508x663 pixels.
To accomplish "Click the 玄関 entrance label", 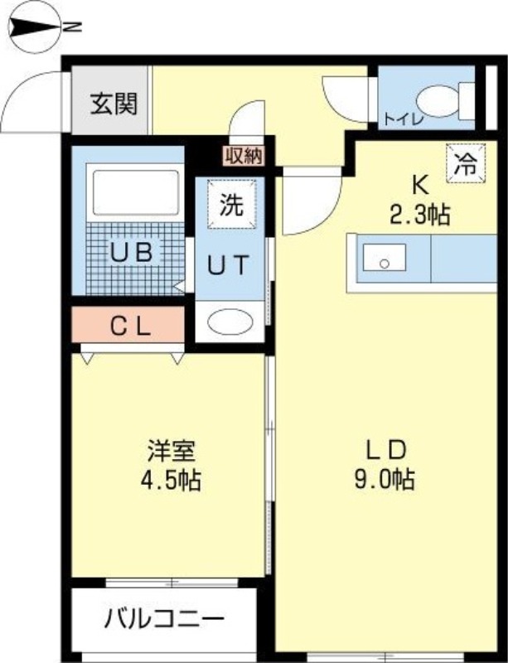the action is pos(114,104).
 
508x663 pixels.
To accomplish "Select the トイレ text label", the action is pos(404,119).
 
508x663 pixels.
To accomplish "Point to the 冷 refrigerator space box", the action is pos(466,163).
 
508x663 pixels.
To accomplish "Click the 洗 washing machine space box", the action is pos(232,204).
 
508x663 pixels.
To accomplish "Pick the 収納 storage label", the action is pos(244,156).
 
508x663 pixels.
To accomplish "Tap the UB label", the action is pos(131,253).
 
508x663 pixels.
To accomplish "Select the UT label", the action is pos(228,265).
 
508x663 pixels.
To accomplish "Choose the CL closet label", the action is pos(130,327).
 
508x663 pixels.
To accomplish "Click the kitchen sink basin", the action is pos(384,258).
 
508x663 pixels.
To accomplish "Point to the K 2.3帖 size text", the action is pos(419,201).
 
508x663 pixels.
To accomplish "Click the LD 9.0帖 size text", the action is pos(385,465).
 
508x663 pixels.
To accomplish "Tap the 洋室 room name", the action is pos(172,451).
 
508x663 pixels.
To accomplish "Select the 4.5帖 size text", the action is pos(171,480).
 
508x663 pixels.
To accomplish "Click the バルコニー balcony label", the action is pos(164,620).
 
